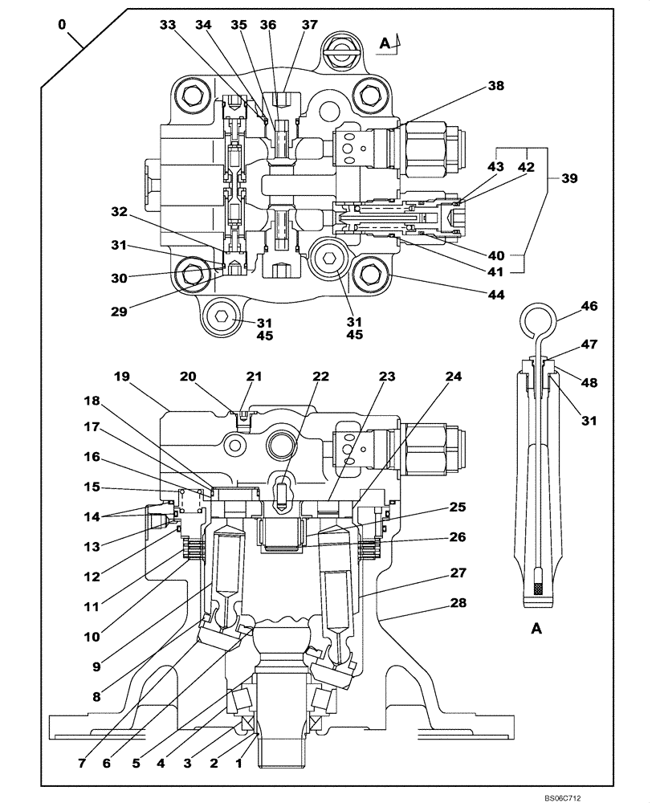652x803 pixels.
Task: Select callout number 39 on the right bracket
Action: point(568,178)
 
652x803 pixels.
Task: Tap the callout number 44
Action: point(496,296)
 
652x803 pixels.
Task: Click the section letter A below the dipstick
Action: point(536,630)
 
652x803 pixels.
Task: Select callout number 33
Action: point(167,25)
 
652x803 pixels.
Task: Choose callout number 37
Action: point(309,25)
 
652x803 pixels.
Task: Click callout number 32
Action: point(120,212)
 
